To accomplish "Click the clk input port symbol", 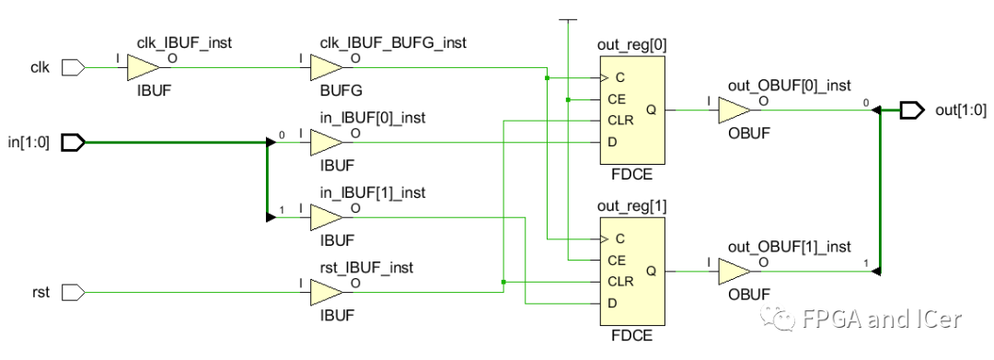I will [73, 67].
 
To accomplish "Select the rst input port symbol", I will [73, 292].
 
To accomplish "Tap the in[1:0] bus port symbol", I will [73, 143].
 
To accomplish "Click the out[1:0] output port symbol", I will [911, 110].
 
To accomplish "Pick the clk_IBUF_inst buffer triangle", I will [142, 67].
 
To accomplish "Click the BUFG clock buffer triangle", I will [325, 67].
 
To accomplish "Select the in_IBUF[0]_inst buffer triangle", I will [325, 143].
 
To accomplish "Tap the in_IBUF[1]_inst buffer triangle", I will [325, 217].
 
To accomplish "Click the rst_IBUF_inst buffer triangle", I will [325, 292].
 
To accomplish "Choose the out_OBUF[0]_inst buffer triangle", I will [733, 110].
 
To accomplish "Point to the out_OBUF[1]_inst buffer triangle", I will [733, 272].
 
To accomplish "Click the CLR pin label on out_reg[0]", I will [618, 121].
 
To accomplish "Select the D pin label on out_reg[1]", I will [612, 303].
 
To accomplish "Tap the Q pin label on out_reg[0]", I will [651, 110].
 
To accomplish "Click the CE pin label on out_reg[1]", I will [617, 261].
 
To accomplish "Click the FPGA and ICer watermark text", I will [881, 319].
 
